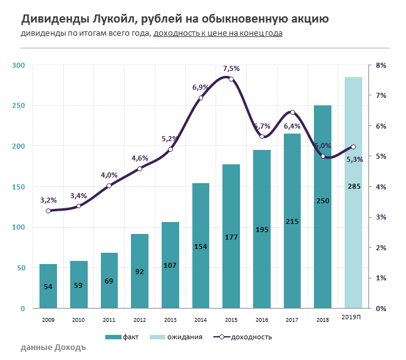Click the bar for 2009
48,286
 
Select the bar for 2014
200,245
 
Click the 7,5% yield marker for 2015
231,79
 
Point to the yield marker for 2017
292,112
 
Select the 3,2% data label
48,200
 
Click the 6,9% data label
200,87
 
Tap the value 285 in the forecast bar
353,186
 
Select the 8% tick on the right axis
381,65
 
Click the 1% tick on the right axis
381,278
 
